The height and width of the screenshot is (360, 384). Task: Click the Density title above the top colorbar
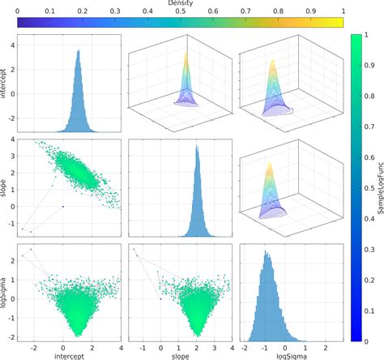point(180,4)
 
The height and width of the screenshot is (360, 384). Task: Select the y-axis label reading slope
point(5,184)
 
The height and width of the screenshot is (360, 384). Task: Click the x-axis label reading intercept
point(70,354)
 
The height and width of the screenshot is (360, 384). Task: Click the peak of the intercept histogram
point(78,51)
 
